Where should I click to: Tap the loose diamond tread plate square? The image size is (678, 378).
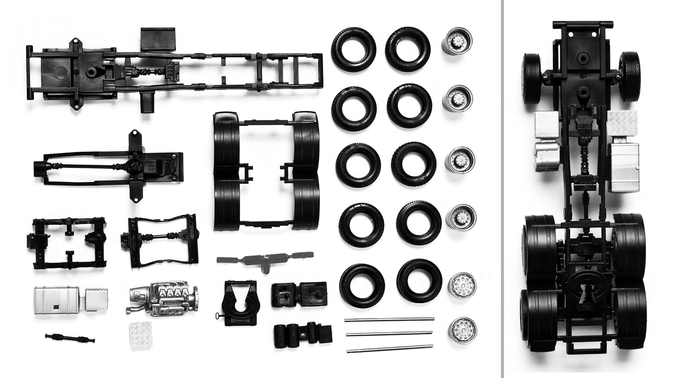(141, 335)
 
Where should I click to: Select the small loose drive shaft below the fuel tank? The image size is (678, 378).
(70, 338)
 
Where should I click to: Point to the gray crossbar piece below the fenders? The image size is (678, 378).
(265, 260)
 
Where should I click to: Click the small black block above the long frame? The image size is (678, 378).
(157, 38)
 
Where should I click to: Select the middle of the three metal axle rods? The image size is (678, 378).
(389, 334)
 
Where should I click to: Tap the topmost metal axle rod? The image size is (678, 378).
(389, 319)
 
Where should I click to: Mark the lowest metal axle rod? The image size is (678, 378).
(389, 348)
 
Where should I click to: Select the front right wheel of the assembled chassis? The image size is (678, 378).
(629, 76)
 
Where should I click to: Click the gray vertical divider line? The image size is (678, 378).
(502, 189)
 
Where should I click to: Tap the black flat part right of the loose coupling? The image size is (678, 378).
(299, 294)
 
